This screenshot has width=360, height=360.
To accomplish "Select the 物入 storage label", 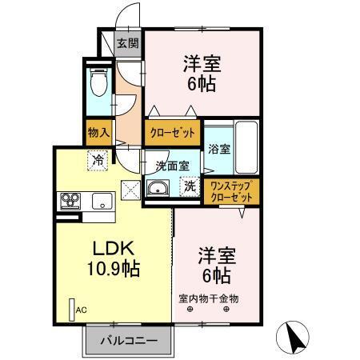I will pyautogui.click(x=98, y=132).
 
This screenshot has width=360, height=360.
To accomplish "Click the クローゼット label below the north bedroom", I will pyautogui.click(x=171, y=133).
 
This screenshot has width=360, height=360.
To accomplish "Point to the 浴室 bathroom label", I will pyautogui.click(x=218, y=148).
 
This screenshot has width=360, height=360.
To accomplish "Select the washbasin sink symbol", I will pyautogui.click(x=157, y=189).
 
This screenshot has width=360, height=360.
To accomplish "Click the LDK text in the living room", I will pyautogui.click(x=111, y=249).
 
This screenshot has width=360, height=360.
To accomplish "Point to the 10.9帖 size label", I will pyautogui.click(x=111, y=269).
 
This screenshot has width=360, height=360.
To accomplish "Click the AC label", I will pyautogui.click(x=81, y=310).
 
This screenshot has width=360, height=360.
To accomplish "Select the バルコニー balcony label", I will pyautogui.click(x=128, y=341).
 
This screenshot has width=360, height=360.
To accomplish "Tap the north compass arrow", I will pyautogui.click(x=294, y=336).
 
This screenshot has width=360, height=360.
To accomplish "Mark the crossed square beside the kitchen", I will pyautogui.click(x=130, y=188).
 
